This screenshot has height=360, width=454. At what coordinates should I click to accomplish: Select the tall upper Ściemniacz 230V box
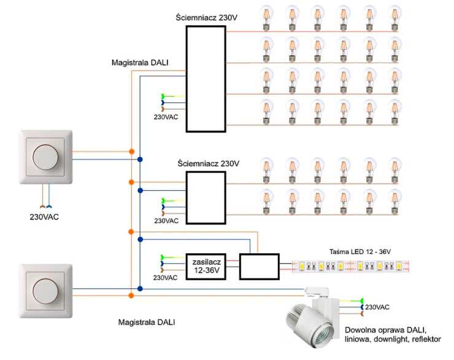206,80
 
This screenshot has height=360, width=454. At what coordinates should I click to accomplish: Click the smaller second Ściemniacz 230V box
206,197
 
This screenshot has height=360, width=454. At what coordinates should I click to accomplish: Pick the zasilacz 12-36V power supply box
206,266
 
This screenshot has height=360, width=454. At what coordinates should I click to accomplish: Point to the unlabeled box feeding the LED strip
258,266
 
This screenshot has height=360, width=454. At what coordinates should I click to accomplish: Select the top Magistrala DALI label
140,63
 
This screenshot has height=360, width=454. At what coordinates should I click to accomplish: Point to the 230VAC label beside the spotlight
378,307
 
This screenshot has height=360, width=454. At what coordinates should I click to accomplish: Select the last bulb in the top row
393,17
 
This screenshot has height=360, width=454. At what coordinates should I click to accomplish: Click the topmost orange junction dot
131,151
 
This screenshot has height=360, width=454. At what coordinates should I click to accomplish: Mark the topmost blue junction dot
140,159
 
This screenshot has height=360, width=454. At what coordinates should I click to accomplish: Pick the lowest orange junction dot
131,296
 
